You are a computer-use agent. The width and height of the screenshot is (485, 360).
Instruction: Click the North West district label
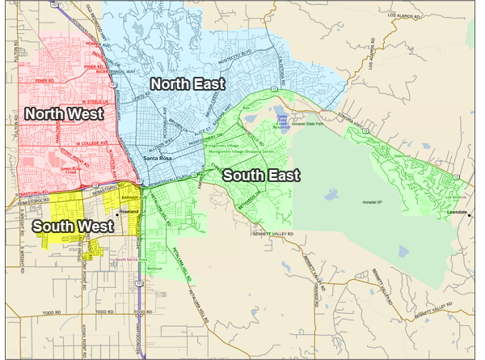pyautogui.click(x=64, y=114)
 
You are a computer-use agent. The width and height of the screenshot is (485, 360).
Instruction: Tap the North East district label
pyautogui.click(x=187, y=83)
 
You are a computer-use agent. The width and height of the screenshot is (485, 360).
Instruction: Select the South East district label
pyautogui.click(x=261, y=175)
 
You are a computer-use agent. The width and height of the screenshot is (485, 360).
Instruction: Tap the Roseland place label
pyautogui.click(x=130, y=212)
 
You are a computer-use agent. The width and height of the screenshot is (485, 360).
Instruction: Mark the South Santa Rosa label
pyautogui.click(x=132, y=259)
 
